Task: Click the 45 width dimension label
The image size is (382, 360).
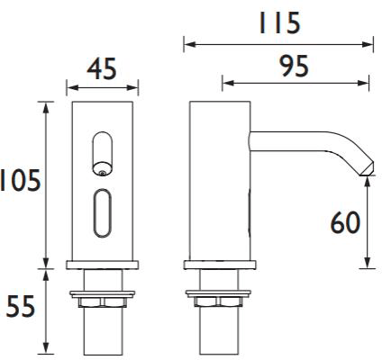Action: click(103, 68)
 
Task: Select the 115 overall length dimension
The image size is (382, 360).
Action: click(277, 22)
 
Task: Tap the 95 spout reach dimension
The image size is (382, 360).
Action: click(296, 66)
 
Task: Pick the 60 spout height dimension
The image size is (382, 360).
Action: click(344, 222)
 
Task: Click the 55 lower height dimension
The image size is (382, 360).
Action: click(21, 307)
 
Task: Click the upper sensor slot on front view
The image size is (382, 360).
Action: click(103, 152)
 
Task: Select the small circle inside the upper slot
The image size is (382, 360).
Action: click(103, 166)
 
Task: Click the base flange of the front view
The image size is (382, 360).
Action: click(103, 265)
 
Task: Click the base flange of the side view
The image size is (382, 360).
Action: click(215, 265)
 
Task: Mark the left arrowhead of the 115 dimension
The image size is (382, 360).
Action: click(187, 42)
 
